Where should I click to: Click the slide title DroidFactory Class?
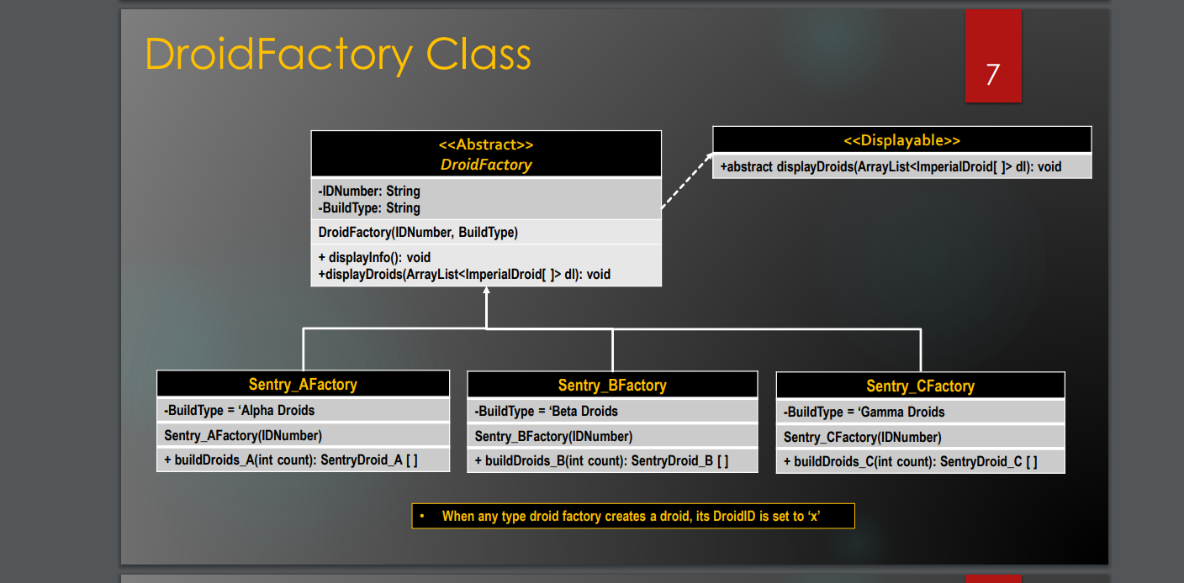coord(337,55)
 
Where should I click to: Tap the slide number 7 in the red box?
coord(992,75)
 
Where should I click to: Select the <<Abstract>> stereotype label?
coord(486,144)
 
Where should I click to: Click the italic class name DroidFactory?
coord(486,165)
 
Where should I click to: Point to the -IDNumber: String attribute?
coord(369,192)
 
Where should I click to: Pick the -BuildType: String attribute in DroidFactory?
coord(369,207)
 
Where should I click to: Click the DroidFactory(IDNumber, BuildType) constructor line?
coord(418,232)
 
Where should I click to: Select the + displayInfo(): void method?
coord(374,257)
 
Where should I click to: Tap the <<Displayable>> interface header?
coord(901,140)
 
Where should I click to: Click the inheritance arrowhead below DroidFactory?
coord(486,291)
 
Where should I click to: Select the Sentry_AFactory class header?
coord(303,385)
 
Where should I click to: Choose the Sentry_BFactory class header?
coord(612,386)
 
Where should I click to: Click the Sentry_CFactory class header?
coord(920,386)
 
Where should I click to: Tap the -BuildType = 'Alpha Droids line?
coord(240,410)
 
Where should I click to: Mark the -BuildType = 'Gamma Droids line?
coord(864,412)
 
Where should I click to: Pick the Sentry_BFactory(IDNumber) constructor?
coord(553,436)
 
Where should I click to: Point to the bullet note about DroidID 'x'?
coord(632,516)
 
